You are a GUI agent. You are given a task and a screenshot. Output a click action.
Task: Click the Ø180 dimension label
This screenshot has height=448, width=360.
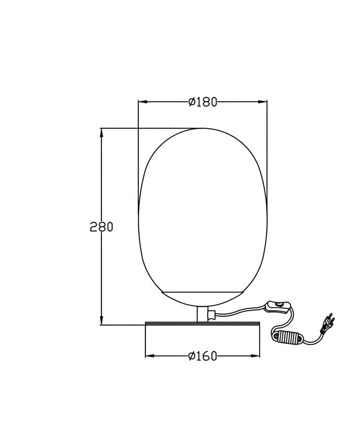tap(203, 101)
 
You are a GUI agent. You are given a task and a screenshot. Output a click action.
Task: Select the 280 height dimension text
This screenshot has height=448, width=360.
tap(101, 227)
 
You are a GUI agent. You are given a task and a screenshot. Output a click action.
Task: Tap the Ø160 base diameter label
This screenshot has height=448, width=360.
tap(203, 356)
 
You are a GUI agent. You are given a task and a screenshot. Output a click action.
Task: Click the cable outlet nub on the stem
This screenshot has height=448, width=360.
tap(212, 315)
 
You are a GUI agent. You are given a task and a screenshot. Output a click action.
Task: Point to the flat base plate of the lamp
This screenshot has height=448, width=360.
tap(203, 324)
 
